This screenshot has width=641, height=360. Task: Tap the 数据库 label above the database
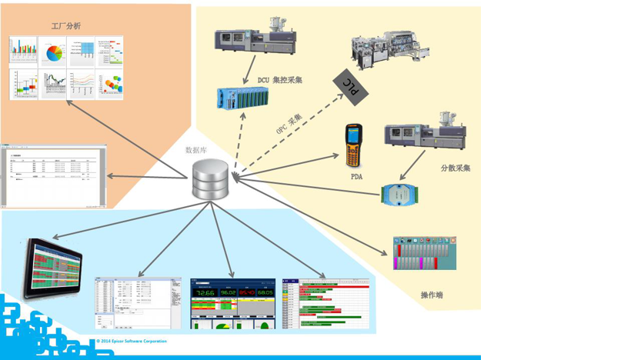(x=196, y=150)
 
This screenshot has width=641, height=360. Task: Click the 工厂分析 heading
(x=65, y=26)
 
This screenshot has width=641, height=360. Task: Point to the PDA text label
(x=356, y=177)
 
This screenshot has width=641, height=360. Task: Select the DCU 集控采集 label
(x=280, y=80)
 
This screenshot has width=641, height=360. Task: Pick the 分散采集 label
(x=455, y=168)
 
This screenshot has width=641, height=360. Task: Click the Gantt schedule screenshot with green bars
(x=326, y=303)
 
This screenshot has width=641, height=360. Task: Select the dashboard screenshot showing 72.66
(x=232, y=303)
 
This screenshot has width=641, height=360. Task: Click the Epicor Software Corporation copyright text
(x=132, y=341)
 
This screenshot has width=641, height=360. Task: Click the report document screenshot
(x=52, y=175)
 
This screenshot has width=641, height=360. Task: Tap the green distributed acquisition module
(x=400, y=194)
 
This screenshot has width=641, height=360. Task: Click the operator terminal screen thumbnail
(x=424, y=253)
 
